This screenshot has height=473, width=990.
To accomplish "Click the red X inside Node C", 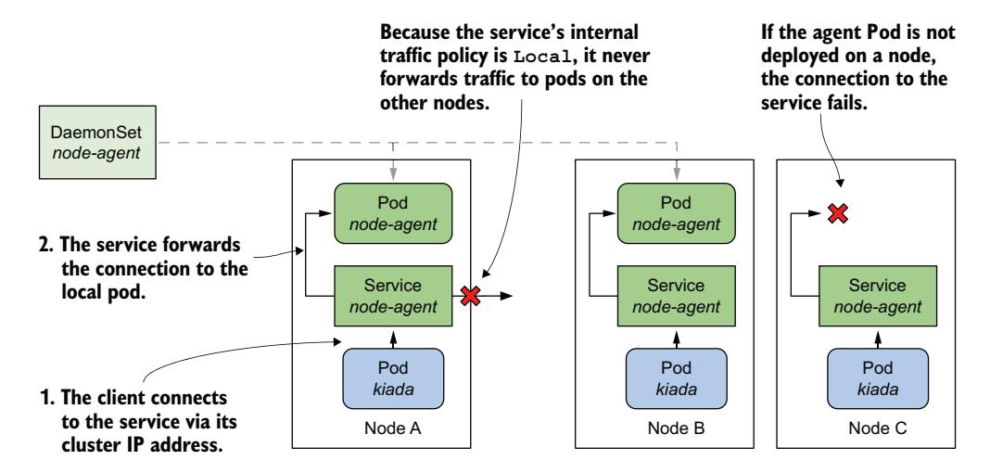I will point(838,214).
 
